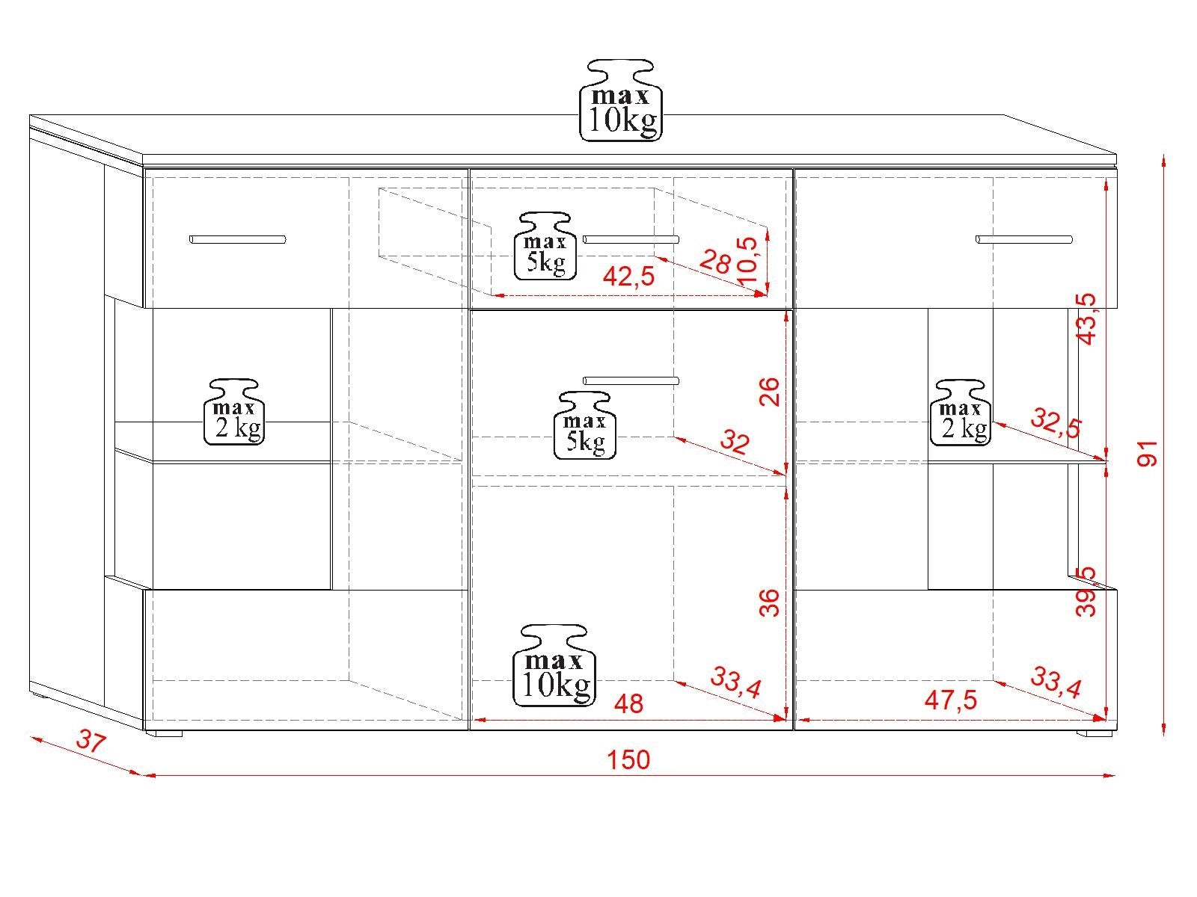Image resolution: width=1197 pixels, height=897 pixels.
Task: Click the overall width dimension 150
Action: click(x=628, y=759)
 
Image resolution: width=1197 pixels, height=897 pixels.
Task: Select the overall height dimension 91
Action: click(x=1148, y=453)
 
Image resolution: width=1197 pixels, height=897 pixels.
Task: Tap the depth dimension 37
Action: click(x=91, y=741)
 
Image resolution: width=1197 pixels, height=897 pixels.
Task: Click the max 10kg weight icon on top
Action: click(x=621, y=100)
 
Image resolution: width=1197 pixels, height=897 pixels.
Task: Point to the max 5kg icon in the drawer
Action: click(x=545, y=246)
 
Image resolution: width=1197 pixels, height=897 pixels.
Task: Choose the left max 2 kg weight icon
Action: click(x=234, y=413)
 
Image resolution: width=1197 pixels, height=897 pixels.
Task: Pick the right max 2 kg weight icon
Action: click(x=961, y=413)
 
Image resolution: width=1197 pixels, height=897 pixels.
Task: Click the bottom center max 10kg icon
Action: click(x=554, y=665)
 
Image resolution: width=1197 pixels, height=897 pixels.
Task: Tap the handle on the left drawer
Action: click(x=237, y=240)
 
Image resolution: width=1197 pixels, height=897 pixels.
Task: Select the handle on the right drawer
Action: click(x=1024, y=240)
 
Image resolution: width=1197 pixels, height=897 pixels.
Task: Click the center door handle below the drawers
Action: click(x=631, y=380)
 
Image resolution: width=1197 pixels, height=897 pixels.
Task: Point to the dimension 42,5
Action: click(x=628, y=277)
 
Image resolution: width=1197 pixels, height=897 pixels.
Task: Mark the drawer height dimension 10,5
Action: click(x=750, y=260)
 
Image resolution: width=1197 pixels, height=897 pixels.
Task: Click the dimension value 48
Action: click(x=628, y=703)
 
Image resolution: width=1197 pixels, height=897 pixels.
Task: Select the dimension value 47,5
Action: click(x=951, y=700)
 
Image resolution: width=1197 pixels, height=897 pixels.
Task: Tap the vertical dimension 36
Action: click(x=769, y=602)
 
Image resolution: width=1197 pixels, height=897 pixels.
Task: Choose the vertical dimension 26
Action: click(x=769, y=392)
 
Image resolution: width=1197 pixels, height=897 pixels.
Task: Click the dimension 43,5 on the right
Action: click(x=1086, y=319)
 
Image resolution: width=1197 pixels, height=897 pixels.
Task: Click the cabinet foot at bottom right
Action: click(x=1095, y=733)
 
